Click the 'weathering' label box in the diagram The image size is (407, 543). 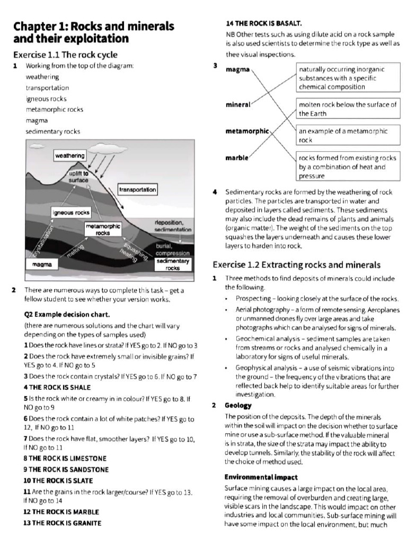pos(70,155)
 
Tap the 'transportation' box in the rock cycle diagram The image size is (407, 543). pos(137,189)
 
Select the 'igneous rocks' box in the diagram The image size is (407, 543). pos(70,213)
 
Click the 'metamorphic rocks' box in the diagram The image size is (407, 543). pos(103,230)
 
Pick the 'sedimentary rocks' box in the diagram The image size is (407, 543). pos(172,265)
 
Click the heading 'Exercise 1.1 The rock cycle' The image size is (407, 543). pos(65,55)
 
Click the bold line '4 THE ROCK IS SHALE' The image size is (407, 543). pos(57,387)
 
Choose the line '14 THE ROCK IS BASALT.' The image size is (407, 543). pos(263,23)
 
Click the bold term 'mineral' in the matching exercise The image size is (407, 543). pos(237,105)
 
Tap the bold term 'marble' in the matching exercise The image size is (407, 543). pos(236,158)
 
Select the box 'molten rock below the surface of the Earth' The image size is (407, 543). pos(347,109)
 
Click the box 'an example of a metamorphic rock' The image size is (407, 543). pos(347,135)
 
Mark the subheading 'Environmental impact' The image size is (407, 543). pos(261,477)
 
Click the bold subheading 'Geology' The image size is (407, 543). pos(238,405)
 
